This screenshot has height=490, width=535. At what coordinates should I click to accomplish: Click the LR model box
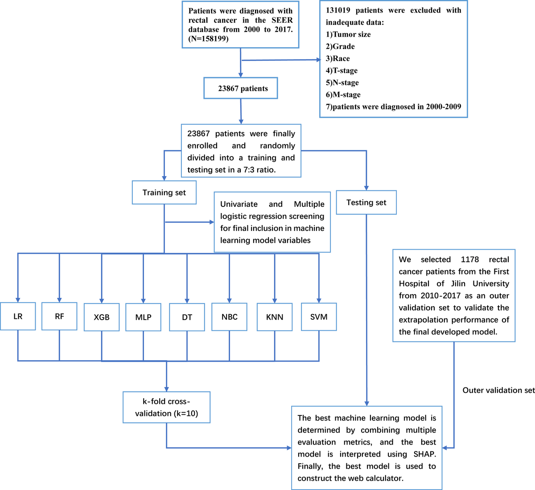tap(18, 317)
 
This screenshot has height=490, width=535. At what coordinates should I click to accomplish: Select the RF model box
tap(59, 316)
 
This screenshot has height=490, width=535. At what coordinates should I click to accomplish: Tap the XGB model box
tap(102, 317)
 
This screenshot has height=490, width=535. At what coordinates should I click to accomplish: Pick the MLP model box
tap(143, 317)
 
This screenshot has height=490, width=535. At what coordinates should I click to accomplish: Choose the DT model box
tap(187, 317)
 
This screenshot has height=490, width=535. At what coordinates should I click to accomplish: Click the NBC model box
tap(229, 317)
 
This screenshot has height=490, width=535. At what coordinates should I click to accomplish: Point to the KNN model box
tap(275, 317)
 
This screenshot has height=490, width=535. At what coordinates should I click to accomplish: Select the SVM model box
tap(319, 317)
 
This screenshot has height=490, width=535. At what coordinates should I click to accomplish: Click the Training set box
tap(164, 193)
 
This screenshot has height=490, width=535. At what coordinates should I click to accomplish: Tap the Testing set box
tap(366, 202)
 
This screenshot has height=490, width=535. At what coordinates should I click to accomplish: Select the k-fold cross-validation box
tap(166, 408)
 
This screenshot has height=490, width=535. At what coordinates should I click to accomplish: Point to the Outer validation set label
tap(498, 390)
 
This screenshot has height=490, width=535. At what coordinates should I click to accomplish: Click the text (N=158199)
tap(209, 39)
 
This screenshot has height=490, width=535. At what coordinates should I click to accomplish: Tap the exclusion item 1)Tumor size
tap(348, 34)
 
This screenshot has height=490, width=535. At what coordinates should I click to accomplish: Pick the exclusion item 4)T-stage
tap(342, 70)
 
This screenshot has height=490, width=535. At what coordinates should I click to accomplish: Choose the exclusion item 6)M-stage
tap(343, 95)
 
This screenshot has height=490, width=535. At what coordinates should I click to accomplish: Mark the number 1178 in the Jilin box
tap(469, 259)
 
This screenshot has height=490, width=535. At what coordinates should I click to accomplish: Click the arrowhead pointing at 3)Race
tap(318, 59)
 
